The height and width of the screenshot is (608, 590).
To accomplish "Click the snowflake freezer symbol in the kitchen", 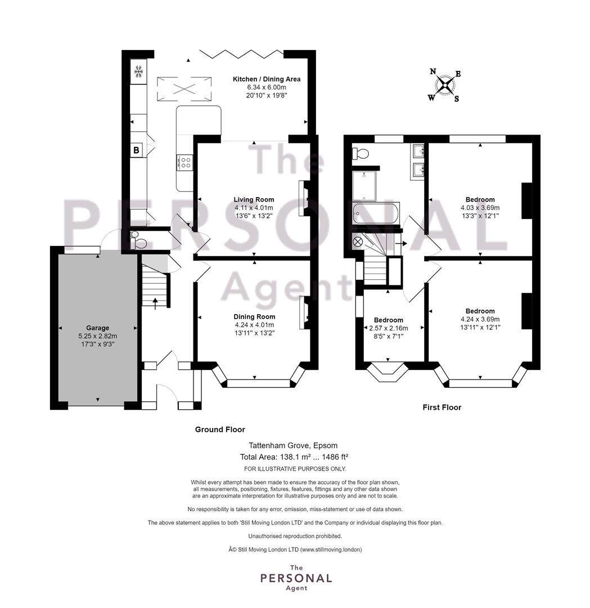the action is tap(139, 71).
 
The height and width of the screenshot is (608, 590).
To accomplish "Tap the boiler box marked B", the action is tap(136, 150).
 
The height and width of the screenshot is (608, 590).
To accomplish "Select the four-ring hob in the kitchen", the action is tap(185, 162).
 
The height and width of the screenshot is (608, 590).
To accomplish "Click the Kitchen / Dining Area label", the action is tap(267, 79).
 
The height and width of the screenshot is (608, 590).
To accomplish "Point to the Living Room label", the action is tap(254, 200).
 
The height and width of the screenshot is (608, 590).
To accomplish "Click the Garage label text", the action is tap(98, 328).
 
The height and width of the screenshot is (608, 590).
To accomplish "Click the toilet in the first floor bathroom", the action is tap(360, 153).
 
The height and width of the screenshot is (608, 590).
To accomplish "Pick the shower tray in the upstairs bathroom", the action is tap(364, 186).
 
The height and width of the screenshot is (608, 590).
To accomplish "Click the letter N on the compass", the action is tap(433, 71).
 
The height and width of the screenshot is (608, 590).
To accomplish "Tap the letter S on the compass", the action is tap(456, 99).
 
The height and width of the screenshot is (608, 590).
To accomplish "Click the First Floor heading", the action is tap(442, 408).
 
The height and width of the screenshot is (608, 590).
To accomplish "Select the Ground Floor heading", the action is tap(220, 430).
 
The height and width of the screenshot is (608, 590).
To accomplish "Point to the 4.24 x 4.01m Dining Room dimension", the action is tap(254, 325).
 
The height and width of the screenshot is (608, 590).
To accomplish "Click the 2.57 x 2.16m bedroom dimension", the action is tap(388, 328).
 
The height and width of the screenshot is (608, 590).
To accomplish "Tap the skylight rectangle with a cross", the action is tap(184, 89).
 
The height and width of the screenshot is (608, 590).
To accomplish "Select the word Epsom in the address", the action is tap(326, 446).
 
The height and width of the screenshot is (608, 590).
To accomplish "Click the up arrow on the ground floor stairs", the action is tap(155, 303).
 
